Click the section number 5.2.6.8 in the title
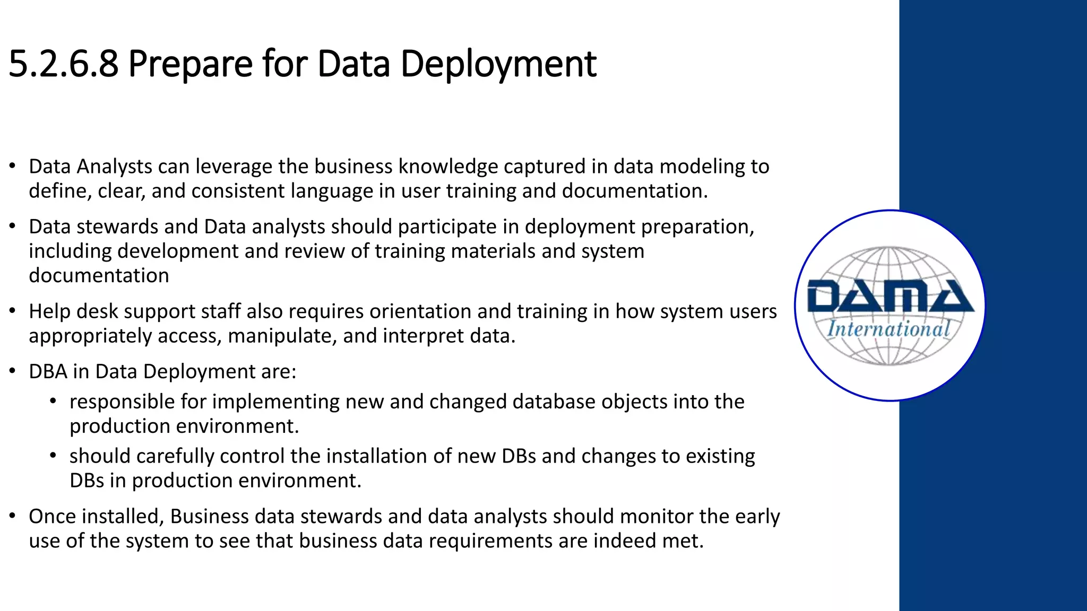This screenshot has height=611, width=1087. point(63,64)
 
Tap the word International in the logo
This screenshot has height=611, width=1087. point(888,329)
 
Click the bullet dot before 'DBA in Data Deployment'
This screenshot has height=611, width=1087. point(12,371)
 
